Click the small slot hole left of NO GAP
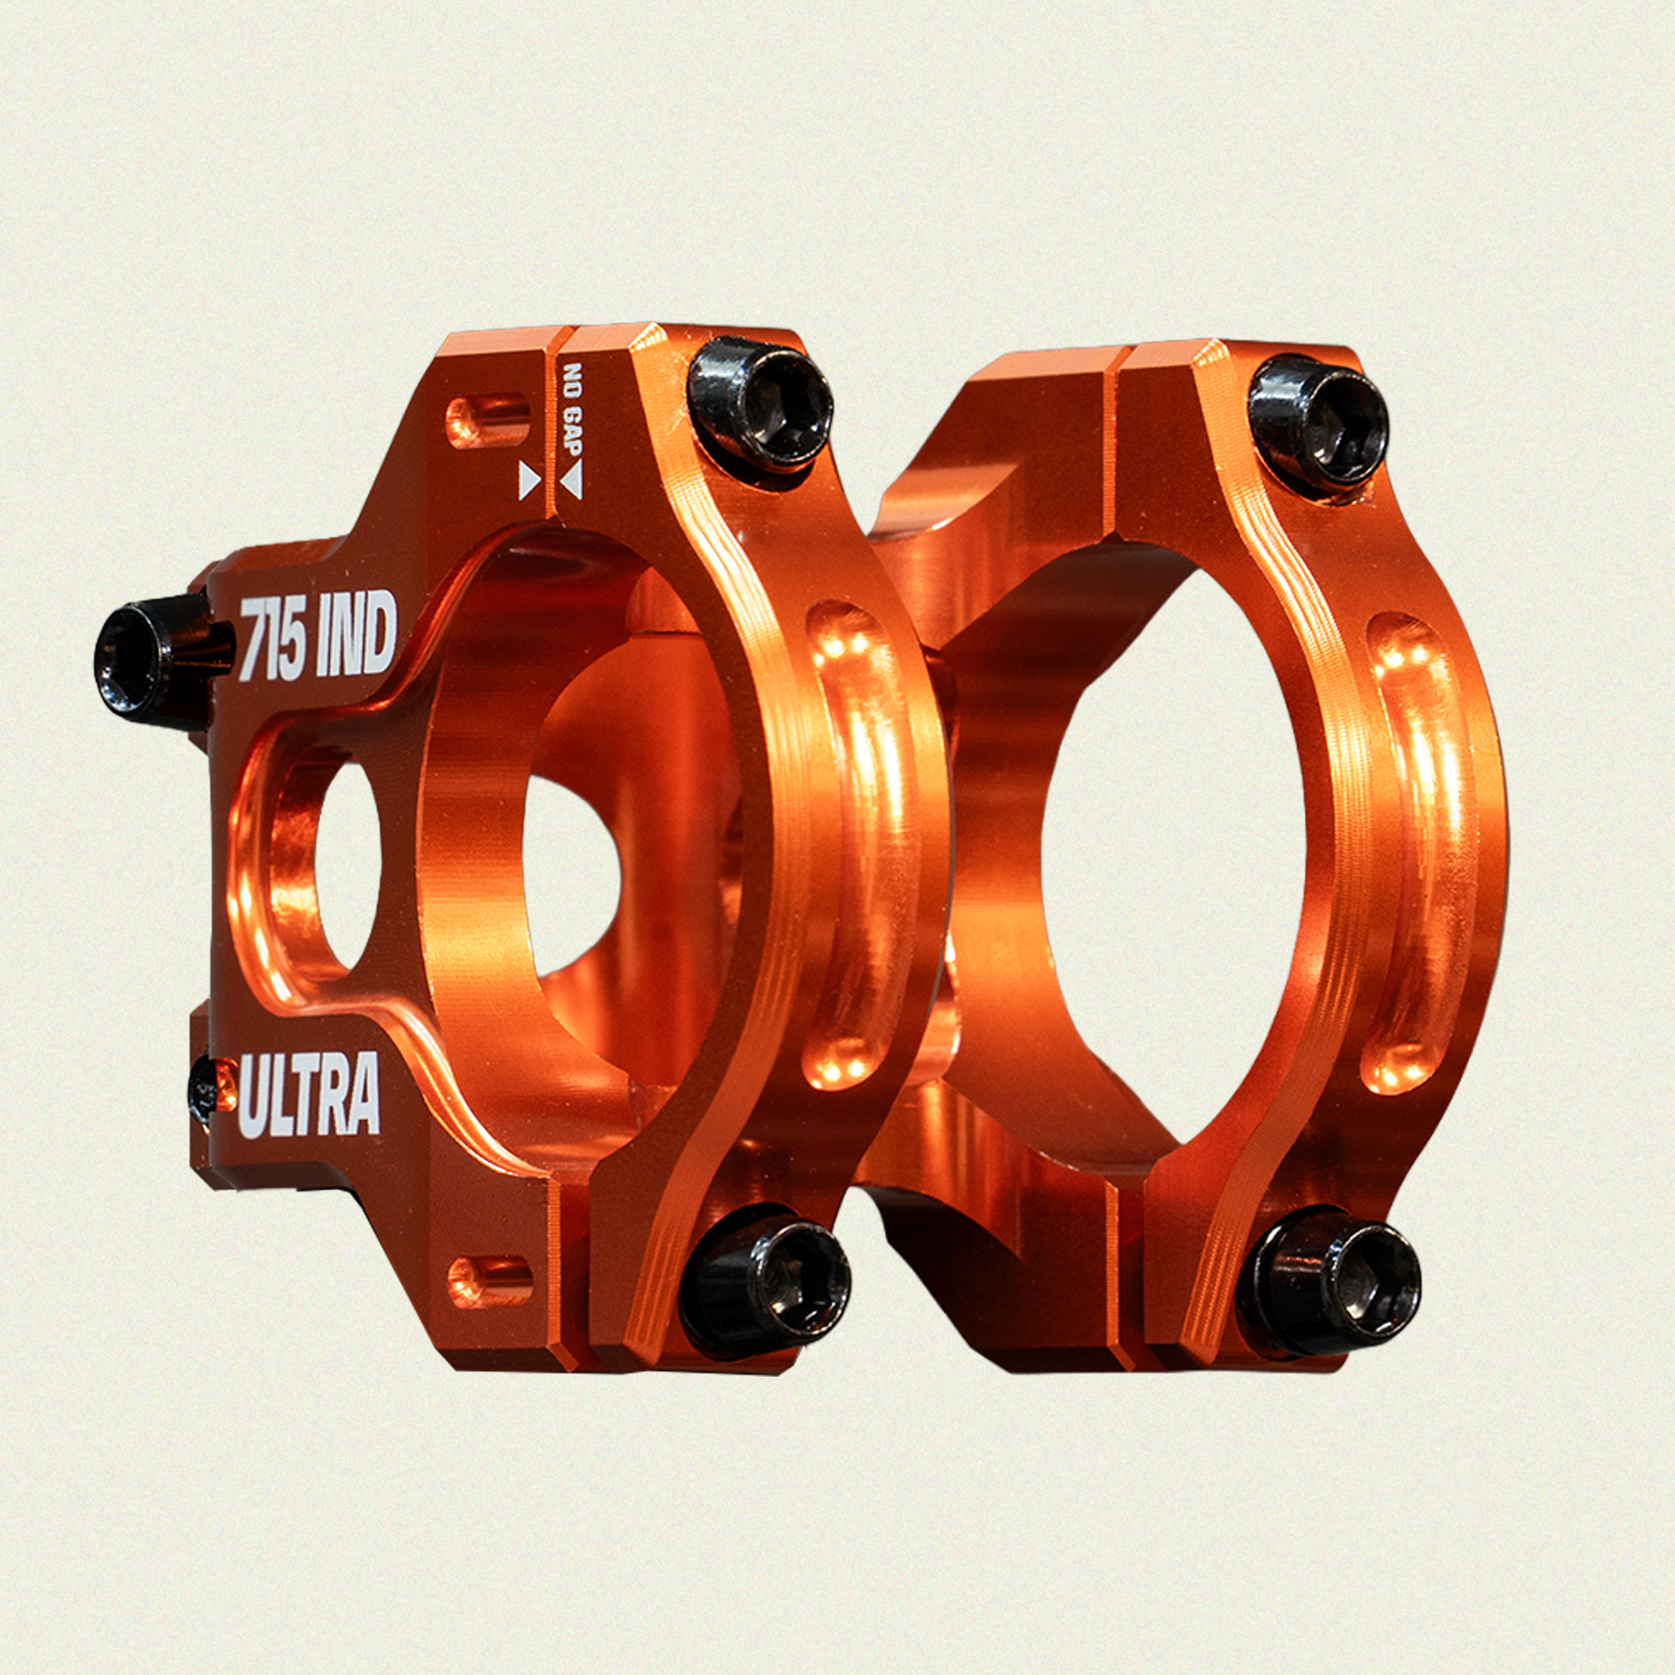pyautogui.click(x=486, y=421)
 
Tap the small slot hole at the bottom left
pyautogui.click(x=491, y=1283)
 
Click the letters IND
pyautogui.click(x=359, y=634)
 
